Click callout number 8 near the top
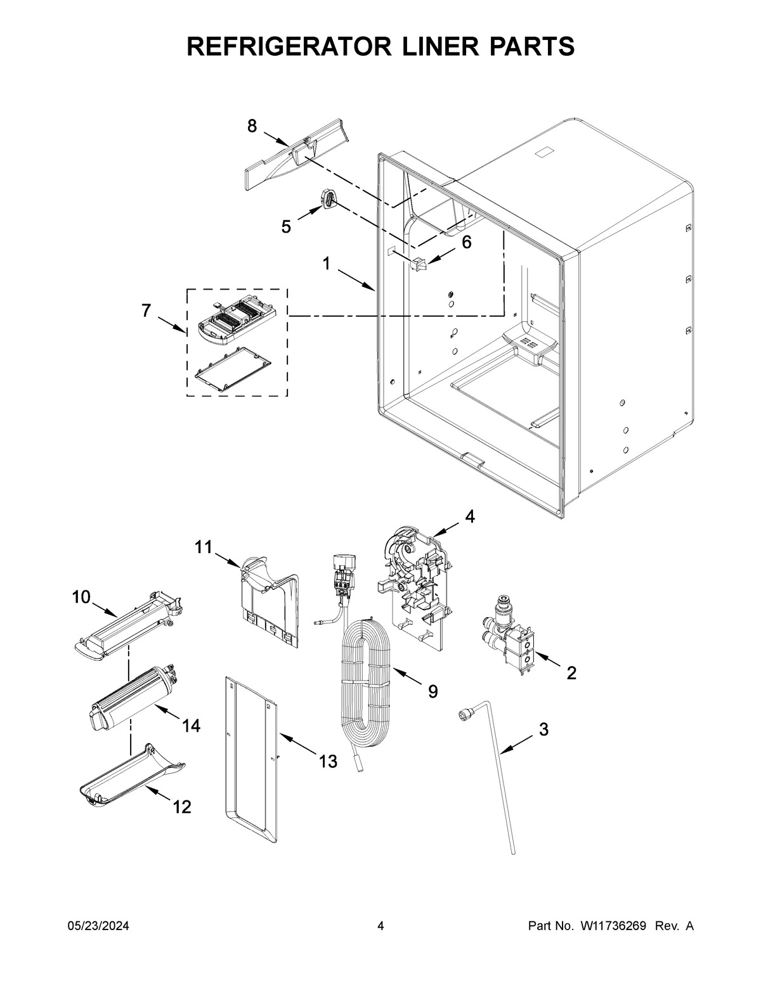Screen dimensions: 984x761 pos(252,127)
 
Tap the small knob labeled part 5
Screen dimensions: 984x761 pos(328,199)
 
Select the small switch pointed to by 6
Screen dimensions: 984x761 pos(418,264)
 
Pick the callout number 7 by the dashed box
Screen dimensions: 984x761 pos(146,310)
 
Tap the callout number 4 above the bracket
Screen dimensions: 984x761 pos(469,516)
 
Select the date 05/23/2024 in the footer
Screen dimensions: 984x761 pos(98,926)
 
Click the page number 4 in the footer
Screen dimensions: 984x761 pos(380,926)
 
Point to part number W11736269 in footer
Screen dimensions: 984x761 pos(612,926)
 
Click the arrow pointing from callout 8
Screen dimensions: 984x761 pos(276,139)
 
